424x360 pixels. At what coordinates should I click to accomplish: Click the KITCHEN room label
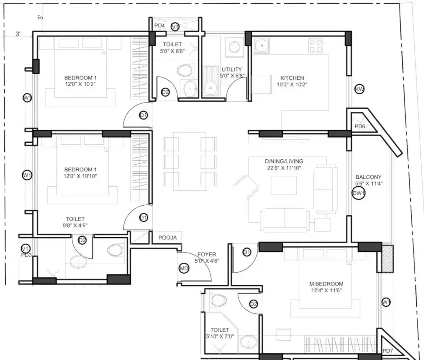(x=292, y=78)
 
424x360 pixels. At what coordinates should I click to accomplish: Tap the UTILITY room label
(x=232, y=70)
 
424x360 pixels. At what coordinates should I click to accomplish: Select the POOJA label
(x=167, y=238)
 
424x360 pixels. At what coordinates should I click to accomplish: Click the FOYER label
(x=206, y=254)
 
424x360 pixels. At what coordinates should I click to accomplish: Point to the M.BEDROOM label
(x=326, y=284)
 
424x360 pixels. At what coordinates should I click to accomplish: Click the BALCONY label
(x=369, y=177)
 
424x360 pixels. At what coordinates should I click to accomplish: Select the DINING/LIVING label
(x=284, y=161)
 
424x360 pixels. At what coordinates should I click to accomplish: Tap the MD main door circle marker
(x=183, y=269)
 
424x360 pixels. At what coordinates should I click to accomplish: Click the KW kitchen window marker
(x=359, y=89)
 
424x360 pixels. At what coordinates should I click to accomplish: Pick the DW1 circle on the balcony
(x=359, y=193)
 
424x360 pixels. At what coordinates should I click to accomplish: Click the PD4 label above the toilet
(x=159, y=26)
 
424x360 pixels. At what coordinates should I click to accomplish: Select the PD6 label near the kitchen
(x=360, y=126)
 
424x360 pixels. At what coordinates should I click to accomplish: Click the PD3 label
(x=26, y=255)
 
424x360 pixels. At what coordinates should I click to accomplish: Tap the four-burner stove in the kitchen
(x=316, y=46)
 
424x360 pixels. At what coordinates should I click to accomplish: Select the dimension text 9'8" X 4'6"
(x=75, y=226)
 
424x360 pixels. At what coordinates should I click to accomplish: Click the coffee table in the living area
(x=284, y=185)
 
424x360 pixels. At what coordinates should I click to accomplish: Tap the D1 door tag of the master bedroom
(x=247, y=252)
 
